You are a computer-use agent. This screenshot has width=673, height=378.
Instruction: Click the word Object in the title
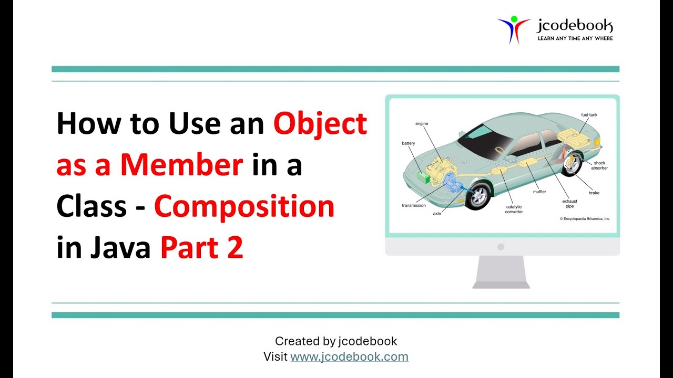pyautogui.click(x=320, y=124)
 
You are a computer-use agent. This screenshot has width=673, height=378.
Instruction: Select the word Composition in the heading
pyautogui.click(x=244, y=207)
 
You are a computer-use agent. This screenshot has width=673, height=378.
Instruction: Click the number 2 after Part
pyautogui.click(x=236, y=248)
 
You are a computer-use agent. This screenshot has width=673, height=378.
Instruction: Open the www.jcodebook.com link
pyautogui.click(x=349, y=357)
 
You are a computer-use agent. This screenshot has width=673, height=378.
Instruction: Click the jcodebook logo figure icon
pyautogui.click(x=513, y=29)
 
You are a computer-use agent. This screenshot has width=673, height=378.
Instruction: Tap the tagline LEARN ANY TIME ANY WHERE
pyautogui.click(x=575, y=38)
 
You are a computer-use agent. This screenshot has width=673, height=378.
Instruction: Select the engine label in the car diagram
pyautogui.click(x=422, y=124)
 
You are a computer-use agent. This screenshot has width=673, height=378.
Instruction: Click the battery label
pyautogui.click(x=409, y=143)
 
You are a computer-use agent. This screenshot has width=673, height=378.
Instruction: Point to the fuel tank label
pyautogui.click(x=589, y=114)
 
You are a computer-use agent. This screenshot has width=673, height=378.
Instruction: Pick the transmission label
pyautogui.click(x=414, y=205)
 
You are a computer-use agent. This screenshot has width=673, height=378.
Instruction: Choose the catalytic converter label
pyautogui.click(x=514, y=209)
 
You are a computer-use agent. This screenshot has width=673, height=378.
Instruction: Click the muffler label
pyautogui.click(x=539, y=192)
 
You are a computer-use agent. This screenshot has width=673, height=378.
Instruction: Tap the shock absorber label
pyautogui.click(x=599, y=166)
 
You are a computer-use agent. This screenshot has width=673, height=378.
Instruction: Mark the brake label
pyautogui.click(x=594, y=193)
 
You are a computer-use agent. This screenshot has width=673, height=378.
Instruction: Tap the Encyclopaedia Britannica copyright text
pyautogui.click(x=585, y=218)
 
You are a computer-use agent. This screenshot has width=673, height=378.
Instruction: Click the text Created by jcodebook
pyautogui.click(x=336, y=341)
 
